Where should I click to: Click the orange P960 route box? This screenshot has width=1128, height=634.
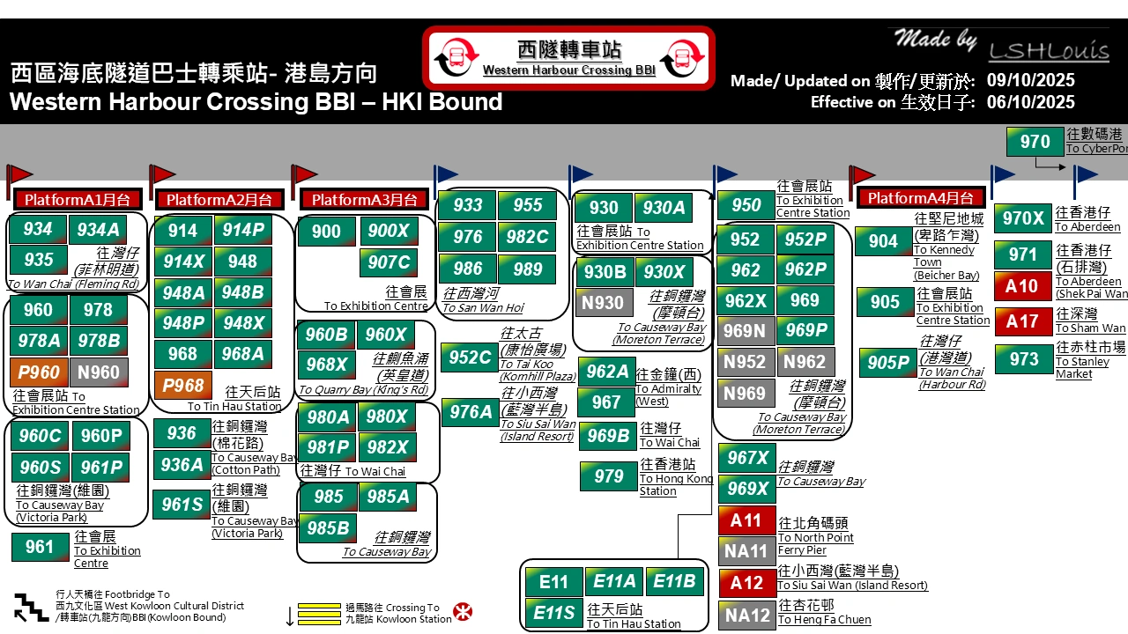click(38, 372)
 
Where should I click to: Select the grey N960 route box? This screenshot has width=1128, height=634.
click(99, 372)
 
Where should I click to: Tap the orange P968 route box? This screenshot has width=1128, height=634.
click(182, 385)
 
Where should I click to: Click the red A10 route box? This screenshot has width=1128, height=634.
click(1022, 286)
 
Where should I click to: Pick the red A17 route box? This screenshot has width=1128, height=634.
click(1022, 321)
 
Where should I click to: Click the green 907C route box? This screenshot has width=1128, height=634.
click(389, 262)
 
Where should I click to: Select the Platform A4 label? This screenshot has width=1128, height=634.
click(921, 198)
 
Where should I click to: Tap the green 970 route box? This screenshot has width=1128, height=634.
click(1035, 142)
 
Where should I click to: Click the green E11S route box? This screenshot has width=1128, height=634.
click(553, 613)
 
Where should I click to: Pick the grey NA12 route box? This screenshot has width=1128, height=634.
click(746, 615)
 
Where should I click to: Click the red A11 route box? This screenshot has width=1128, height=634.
click(746, 520)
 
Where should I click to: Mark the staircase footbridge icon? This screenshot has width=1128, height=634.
click(31, 608)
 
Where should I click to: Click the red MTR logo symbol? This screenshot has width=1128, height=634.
click(462, 612)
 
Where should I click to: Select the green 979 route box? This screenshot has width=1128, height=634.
click(608, 476)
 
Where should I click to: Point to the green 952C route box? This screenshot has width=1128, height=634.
click(469, 358)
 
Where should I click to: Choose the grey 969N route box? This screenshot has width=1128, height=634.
click(745, 330)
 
